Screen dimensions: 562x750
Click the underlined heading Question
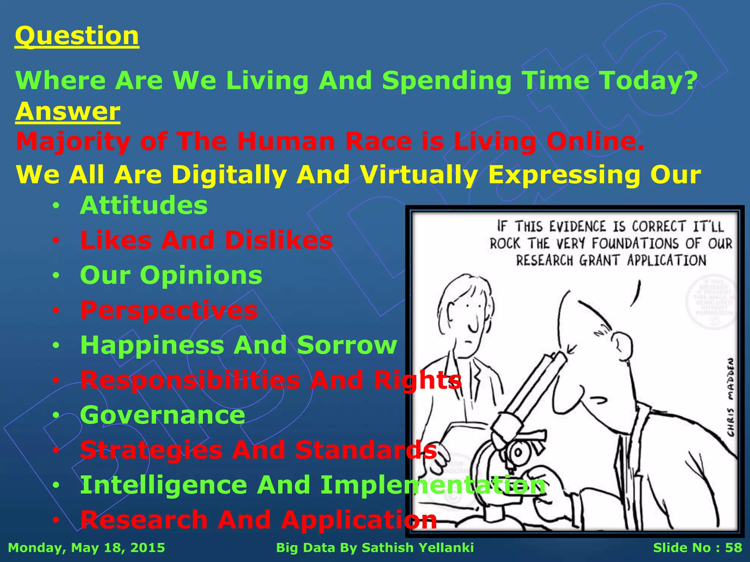tap(77, 36)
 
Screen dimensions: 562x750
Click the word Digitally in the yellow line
tap(229, 175)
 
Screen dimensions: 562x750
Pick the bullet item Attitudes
tap(144, 205)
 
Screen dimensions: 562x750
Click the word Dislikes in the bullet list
tap(279, 240)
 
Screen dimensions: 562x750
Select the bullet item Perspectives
tap(169, 310)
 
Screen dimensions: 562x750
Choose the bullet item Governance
tap(163, 415)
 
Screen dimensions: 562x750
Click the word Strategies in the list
tap(151, 450)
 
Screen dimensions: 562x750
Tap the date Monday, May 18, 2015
tap(86, 548)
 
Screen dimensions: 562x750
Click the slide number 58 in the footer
tap(733, 548)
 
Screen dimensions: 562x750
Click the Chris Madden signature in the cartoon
tap(730, 397)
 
